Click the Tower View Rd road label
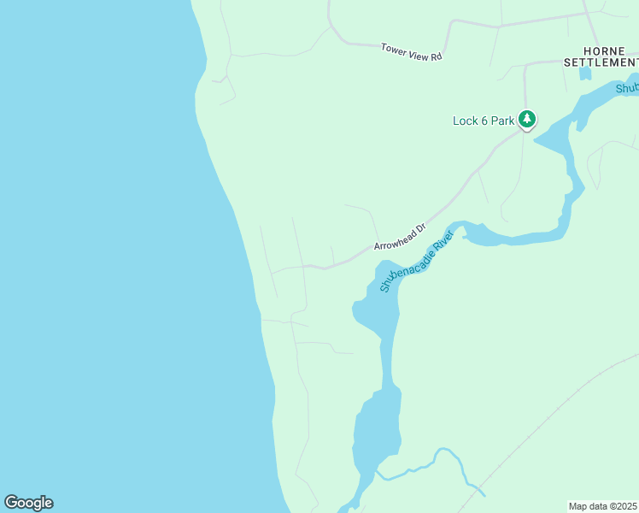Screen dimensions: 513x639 [411, 51]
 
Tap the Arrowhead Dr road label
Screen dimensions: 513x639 [400, 238]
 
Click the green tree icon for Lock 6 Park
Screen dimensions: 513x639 [528, 119]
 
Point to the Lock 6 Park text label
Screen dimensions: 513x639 [483, 121]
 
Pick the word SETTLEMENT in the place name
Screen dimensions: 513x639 [601, 62]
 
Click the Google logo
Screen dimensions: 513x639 [28, 503]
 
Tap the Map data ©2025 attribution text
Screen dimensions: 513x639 [602, 506]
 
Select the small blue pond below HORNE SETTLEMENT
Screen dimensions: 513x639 [585, 73]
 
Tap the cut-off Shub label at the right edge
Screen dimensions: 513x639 [627, 87]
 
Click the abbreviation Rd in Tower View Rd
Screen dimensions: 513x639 [436, 56]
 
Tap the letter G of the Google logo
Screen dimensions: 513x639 [11, 502]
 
